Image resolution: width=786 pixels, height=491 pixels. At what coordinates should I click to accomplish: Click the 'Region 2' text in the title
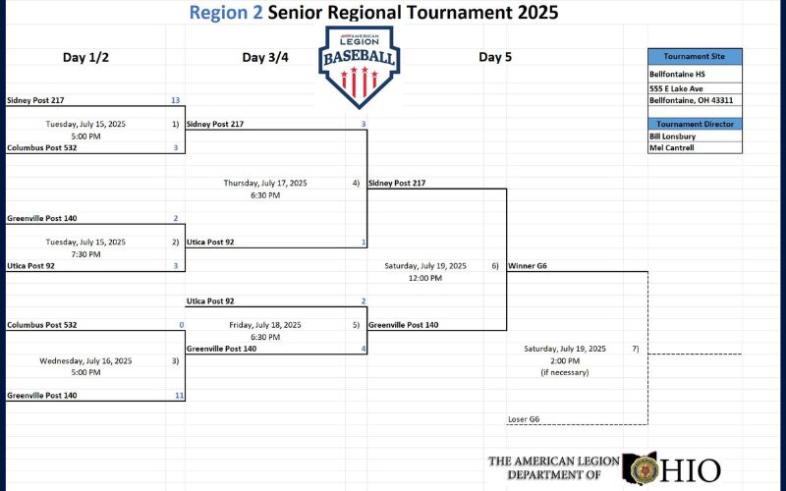[225, 13]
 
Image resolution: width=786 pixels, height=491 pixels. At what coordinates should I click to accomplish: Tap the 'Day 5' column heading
[495, 57]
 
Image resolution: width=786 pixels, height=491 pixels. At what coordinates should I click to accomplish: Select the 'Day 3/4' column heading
[265, 57]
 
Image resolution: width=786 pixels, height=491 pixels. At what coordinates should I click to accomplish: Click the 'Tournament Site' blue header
[694, 56]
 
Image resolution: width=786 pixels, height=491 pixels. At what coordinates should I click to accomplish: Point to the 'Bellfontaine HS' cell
[677, 74]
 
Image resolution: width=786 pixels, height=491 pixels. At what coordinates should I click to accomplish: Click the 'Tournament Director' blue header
[694, 124]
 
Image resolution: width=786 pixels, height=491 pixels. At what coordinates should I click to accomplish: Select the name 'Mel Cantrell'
[672, 148]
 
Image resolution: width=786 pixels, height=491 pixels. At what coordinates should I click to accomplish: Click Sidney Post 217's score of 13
[175, 100]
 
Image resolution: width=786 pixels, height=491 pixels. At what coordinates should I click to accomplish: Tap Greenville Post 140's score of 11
[178, 395]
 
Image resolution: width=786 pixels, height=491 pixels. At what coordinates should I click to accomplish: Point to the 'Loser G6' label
[524, 419]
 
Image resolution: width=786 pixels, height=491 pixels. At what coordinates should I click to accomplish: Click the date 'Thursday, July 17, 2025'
[265, 183]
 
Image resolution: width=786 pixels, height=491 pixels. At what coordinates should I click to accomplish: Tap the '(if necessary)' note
[564, 372]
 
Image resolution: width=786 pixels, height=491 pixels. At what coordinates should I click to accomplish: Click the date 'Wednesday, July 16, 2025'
[85, 360]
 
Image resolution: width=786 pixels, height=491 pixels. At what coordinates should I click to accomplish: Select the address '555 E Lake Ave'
[675, 87]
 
